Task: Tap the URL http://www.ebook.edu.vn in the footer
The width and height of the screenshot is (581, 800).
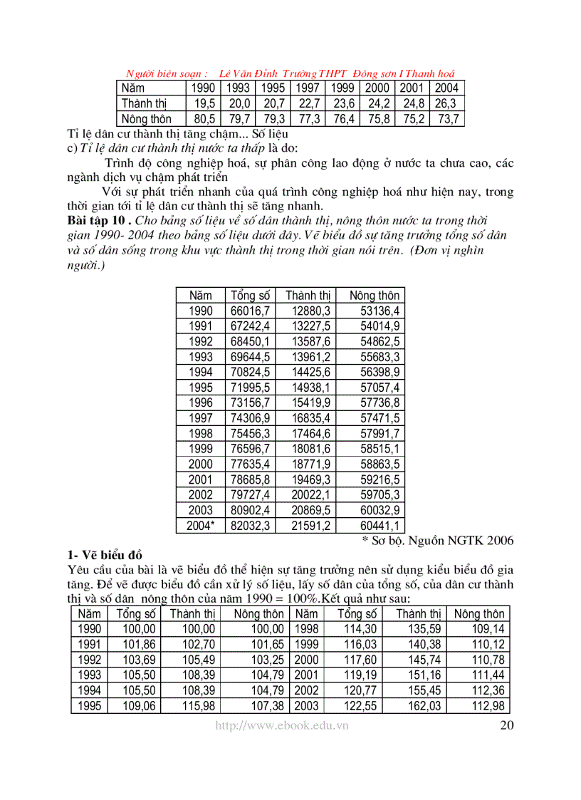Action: click(282, 725)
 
